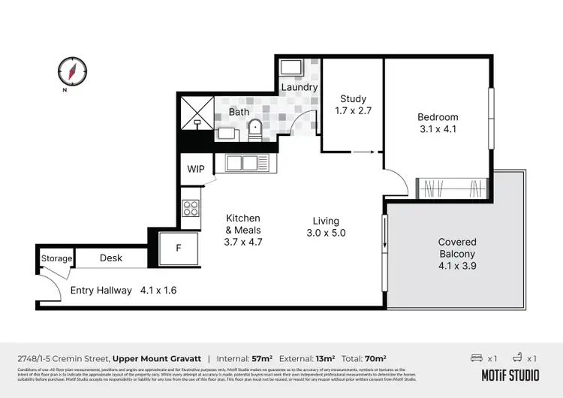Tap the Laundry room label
(300, 87)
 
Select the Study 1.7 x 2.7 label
(353, 104)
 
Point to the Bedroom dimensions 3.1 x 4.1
(438, 128)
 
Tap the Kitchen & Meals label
(243, 230)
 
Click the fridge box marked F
(178, 248)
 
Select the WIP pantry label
(196, 169)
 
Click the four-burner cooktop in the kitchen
(191, 207)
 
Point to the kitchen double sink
(242, 162)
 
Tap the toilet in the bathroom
(254, 128)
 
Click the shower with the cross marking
(197, 113)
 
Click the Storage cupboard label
(57, 258)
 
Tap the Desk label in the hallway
(110, 258)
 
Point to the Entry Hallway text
(101, 290)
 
